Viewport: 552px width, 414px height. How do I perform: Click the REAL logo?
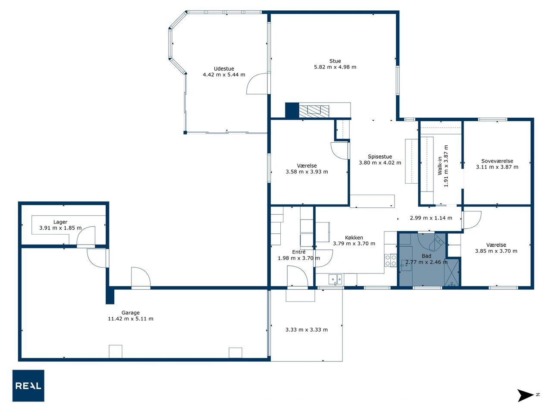[28, 386]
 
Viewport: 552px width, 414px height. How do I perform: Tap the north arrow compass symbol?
[527, 395]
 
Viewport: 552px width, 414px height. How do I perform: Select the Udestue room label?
[224, 69]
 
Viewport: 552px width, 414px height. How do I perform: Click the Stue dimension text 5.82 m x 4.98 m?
[335, 67]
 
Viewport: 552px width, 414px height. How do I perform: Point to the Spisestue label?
[380, 157]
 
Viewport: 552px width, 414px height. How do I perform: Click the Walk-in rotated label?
[440, 166]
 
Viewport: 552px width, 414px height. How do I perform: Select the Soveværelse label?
[497, 161]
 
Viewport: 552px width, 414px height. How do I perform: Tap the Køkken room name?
[354, 238]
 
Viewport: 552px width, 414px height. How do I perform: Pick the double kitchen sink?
[335, 279]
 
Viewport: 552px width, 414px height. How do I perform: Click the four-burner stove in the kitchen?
[391, 260]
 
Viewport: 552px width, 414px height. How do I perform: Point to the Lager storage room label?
[60, 222]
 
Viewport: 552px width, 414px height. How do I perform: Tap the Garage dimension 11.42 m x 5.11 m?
[131, 319]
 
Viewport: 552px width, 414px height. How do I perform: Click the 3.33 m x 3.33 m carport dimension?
[306, 329]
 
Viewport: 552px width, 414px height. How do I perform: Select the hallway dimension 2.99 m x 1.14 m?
[431, 218]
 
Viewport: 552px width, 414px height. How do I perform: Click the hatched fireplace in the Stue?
[314, 111]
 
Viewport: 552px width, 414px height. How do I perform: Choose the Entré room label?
[299, 252]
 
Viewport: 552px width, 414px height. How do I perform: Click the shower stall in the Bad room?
[452, 272]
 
